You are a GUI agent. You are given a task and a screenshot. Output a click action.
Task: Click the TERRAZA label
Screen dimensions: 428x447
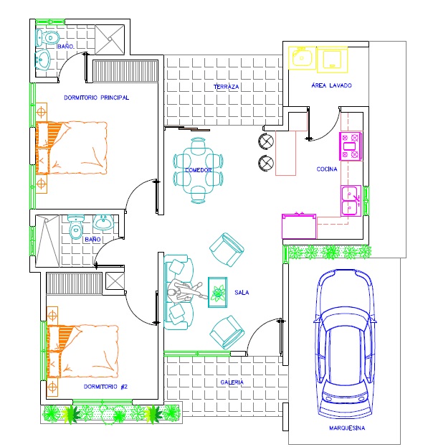tap(226, 87)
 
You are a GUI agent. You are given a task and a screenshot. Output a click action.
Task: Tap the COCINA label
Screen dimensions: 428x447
tap(327, 169)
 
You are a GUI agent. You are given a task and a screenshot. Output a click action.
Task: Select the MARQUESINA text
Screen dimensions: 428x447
tap(347, 428)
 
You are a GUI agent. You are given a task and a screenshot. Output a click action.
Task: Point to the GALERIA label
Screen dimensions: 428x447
tap(232, 382)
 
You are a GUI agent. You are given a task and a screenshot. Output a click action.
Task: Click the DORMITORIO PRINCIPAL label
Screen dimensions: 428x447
tap(97, 98)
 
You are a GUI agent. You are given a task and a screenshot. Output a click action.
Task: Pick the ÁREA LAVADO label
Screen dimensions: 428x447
tap(331, 85)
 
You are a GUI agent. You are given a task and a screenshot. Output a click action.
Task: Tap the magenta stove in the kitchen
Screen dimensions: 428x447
tap(351, 146)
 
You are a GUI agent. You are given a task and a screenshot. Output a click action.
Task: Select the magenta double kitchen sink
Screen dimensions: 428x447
tap(351, 201)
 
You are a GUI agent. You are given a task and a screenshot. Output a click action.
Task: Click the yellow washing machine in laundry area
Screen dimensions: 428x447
tap(333, 59)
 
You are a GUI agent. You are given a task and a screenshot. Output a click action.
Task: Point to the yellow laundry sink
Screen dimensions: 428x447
tap(302, 58)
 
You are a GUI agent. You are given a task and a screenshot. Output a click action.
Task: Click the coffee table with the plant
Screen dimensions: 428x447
tap(217, 292)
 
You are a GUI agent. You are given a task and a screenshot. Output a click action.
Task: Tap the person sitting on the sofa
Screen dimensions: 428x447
tap(184, 292)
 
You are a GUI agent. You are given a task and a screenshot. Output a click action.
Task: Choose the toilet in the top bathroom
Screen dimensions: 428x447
tap(47, 38)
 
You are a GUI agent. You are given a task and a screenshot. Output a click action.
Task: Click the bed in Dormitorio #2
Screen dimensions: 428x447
tap(82, 351)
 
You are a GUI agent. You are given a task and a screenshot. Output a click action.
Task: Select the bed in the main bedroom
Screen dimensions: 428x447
tap(71, 148)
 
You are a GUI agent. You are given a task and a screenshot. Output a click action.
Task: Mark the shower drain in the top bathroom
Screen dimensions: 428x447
tap(110, 39)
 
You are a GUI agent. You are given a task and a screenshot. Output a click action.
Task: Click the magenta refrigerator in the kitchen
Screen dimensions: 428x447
tap(299, 226)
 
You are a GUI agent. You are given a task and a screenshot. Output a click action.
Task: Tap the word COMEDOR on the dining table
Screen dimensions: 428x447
tap(198, 170)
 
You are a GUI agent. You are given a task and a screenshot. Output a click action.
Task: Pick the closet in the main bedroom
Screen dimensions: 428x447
tap(125, 71)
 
